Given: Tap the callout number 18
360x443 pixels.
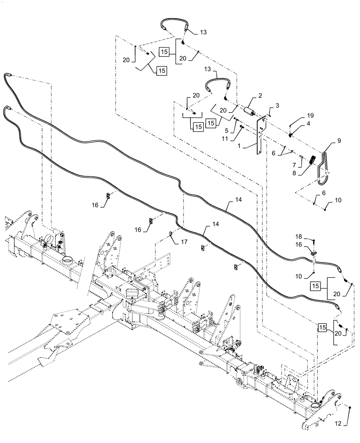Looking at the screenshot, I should click(278, 106).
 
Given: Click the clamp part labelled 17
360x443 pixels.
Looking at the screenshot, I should click(170, 234).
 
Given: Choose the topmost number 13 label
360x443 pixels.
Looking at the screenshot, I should click(203, 32).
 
